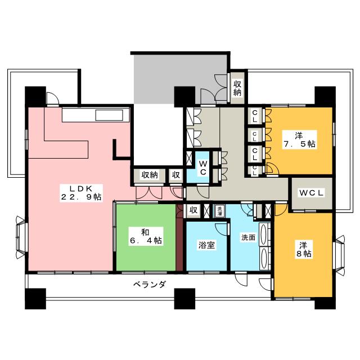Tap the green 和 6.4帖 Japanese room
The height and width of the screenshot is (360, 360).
[x=145, y=236]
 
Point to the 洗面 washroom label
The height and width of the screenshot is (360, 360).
[x=248, y=237]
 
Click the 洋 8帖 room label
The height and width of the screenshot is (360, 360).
[x=303, y=249]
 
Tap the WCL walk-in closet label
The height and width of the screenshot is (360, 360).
[x=311, y=193]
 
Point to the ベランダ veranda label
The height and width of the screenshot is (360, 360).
[x=149, y=284]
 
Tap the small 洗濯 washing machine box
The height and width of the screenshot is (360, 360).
[x=220, y=211]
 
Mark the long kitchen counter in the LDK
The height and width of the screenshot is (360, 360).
[x=96, y=116]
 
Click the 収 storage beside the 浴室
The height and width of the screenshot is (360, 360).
[x=193, y=211]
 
